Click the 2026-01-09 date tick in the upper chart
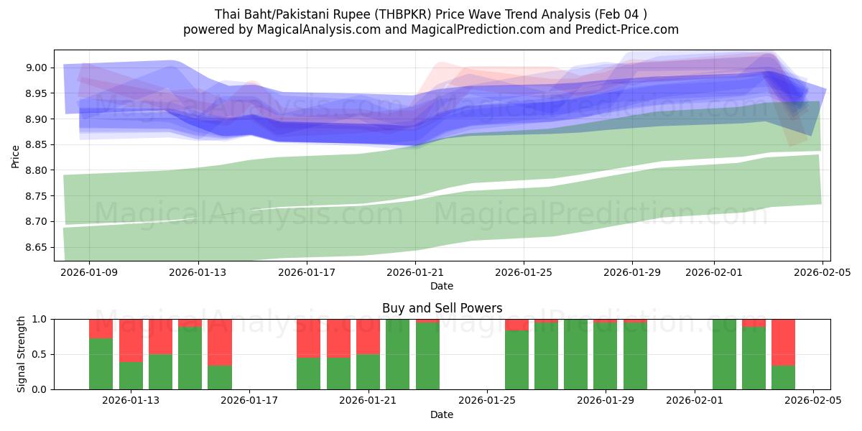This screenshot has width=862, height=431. click(90, 273)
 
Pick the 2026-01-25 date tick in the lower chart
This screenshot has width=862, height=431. click(487, 401)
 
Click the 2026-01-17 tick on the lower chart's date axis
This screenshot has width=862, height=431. click(249, 401)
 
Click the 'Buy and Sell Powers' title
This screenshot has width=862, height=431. click(442, 308)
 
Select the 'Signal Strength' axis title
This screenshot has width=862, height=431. click(22, 353)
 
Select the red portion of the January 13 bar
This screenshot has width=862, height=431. click(131, 340)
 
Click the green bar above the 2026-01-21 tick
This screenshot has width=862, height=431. click(368, 371)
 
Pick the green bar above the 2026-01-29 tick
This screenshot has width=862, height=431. click(606, 356)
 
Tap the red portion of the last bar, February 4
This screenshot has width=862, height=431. click(783, 342)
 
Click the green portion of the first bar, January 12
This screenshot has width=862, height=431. click(101, 363)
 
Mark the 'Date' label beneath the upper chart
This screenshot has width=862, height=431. click(442, 286)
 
